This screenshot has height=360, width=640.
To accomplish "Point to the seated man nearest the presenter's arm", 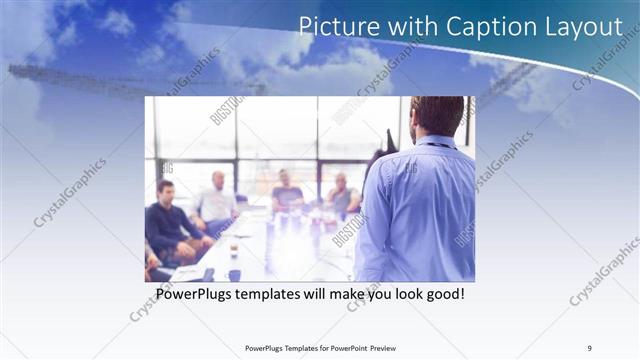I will pyautogui.click(x=343, y=194).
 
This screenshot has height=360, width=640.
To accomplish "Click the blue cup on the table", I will pyautogui.click(x=234, y=274).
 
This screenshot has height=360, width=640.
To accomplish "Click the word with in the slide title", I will pyautogui.click(x=402, y=27).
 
